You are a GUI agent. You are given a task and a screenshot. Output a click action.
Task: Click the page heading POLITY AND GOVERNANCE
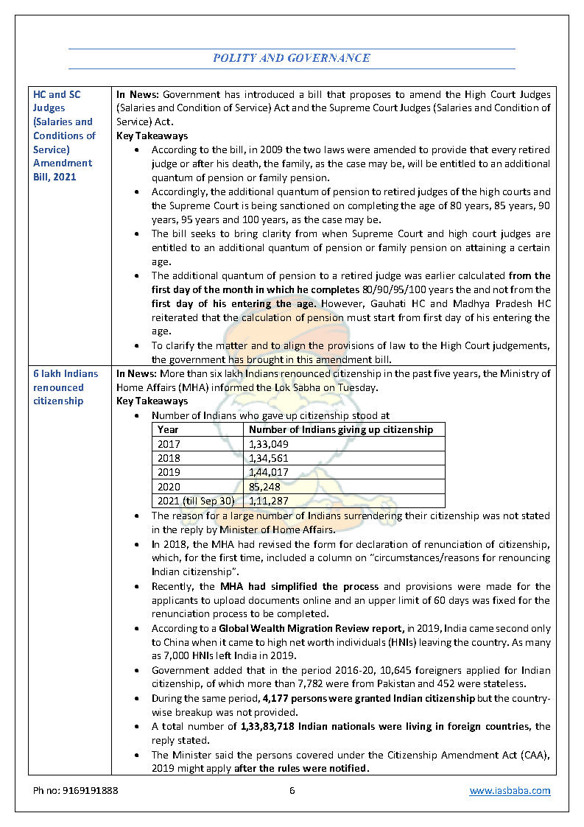click(292, 57)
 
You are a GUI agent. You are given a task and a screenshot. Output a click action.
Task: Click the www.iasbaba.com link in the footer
click(510, 790)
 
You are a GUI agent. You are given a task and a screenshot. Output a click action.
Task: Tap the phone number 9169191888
click(76, 790)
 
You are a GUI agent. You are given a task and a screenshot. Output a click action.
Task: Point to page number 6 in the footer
click(292, 790)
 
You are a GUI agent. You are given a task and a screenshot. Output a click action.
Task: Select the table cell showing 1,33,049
click(269, 444)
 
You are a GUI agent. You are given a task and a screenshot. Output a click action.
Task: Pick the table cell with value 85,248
click(265, 487)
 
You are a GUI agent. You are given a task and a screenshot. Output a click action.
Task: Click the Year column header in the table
click(168, 430)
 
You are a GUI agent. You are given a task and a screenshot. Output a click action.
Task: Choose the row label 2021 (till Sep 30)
click(196, 501)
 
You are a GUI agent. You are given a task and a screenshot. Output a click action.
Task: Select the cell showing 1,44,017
click(269, 472)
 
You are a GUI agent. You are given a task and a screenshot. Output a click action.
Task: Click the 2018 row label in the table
click(169, 458)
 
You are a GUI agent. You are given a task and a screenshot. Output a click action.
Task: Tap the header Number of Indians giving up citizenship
click(341, 430)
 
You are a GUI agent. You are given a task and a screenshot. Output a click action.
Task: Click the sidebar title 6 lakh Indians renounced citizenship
click(59, 387)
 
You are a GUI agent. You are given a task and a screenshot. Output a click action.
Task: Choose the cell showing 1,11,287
click(269, 501)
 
